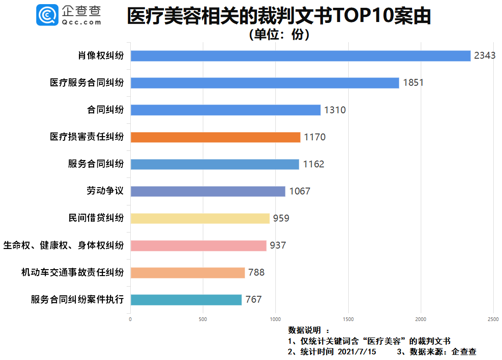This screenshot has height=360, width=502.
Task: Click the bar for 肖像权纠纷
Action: tap(301, 56)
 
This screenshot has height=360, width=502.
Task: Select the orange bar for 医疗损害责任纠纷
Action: tap(215, 137)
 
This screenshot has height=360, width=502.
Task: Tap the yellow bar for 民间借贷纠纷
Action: tap(200, 218)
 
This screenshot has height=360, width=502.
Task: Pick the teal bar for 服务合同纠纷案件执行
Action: tap(186, 300)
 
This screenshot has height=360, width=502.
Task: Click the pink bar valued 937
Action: tap(198, 246)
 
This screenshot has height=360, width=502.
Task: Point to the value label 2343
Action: tap(485, 56)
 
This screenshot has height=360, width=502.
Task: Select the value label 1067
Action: tap(300, 191)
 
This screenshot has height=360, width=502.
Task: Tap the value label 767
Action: tap(253, 300)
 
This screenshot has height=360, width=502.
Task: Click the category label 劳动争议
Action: tap(105, 191)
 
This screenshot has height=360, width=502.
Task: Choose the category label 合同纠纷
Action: tap(105, 110)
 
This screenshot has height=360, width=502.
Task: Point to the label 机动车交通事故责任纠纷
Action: tap(73, 272)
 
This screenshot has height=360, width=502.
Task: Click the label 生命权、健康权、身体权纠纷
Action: tap(63, 245)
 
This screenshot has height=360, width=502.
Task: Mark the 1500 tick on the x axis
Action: tap(348, 319)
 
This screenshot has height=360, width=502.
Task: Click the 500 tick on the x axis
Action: tap(203, 319)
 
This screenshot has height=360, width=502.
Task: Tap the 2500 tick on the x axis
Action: tap(493, 319)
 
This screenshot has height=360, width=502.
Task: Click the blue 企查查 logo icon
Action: tap(47, 15)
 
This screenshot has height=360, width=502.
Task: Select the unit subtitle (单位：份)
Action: tap(279, 35)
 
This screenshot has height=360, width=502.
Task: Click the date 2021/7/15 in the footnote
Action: tap(357, 352)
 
